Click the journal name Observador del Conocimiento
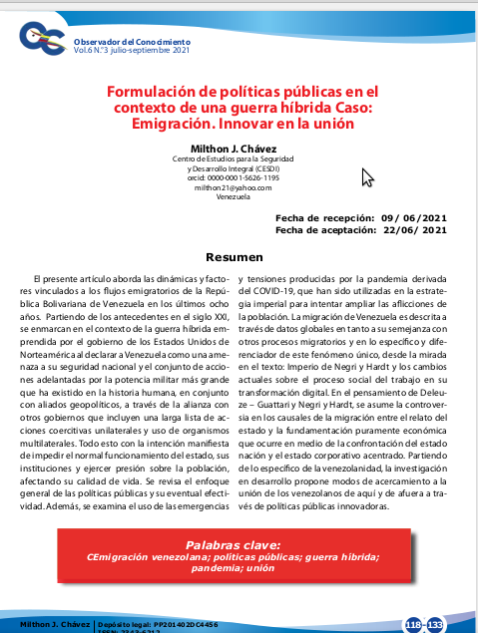click(131, 41)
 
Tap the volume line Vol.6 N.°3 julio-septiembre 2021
click(131, 50)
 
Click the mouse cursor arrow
click(366, 176)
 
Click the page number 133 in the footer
click(436, 624)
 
